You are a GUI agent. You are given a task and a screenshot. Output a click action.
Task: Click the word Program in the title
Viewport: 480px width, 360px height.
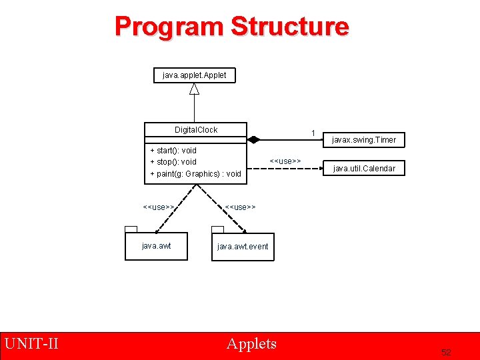tap(169, 27)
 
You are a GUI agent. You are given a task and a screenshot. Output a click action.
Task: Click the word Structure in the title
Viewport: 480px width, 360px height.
tap(289, 27)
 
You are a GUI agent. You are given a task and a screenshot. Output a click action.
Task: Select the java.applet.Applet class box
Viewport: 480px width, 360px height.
tap(194, 75)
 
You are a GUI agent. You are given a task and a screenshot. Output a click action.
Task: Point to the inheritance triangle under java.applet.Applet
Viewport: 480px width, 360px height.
tap(194, 89)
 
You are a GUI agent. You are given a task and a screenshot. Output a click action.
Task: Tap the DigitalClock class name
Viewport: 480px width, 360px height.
tap(196, 130)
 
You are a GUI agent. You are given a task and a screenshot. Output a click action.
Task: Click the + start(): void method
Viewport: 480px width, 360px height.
tap(173, 151)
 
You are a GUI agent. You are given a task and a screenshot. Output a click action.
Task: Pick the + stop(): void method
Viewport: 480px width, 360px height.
tap(173, 162)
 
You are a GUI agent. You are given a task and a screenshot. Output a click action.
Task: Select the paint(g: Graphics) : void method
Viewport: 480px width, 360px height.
tap(195, 174)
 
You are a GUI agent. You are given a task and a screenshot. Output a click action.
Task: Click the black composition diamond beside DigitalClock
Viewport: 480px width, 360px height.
tap(253, 139)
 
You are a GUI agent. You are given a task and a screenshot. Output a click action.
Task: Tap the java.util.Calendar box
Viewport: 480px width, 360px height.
tap(365, 169)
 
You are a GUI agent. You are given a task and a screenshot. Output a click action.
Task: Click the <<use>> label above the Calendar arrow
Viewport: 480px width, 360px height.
tap(285, 161)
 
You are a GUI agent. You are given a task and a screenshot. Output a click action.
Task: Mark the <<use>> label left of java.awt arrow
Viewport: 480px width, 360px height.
tap(159, 207)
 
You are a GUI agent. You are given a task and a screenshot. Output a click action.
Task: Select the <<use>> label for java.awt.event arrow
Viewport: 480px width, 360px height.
tap(240, 207)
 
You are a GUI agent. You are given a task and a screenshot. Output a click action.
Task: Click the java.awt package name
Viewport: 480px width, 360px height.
tap(157, 246)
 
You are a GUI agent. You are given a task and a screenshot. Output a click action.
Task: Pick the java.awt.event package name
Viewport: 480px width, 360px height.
tap(243, 247)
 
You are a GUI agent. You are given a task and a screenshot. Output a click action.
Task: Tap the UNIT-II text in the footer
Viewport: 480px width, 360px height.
tap(32, 344)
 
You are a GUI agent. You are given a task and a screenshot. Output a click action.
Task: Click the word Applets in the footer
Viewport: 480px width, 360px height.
tap(251, 344)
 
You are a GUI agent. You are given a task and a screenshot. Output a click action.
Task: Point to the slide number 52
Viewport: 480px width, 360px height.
tap(446, 351)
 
